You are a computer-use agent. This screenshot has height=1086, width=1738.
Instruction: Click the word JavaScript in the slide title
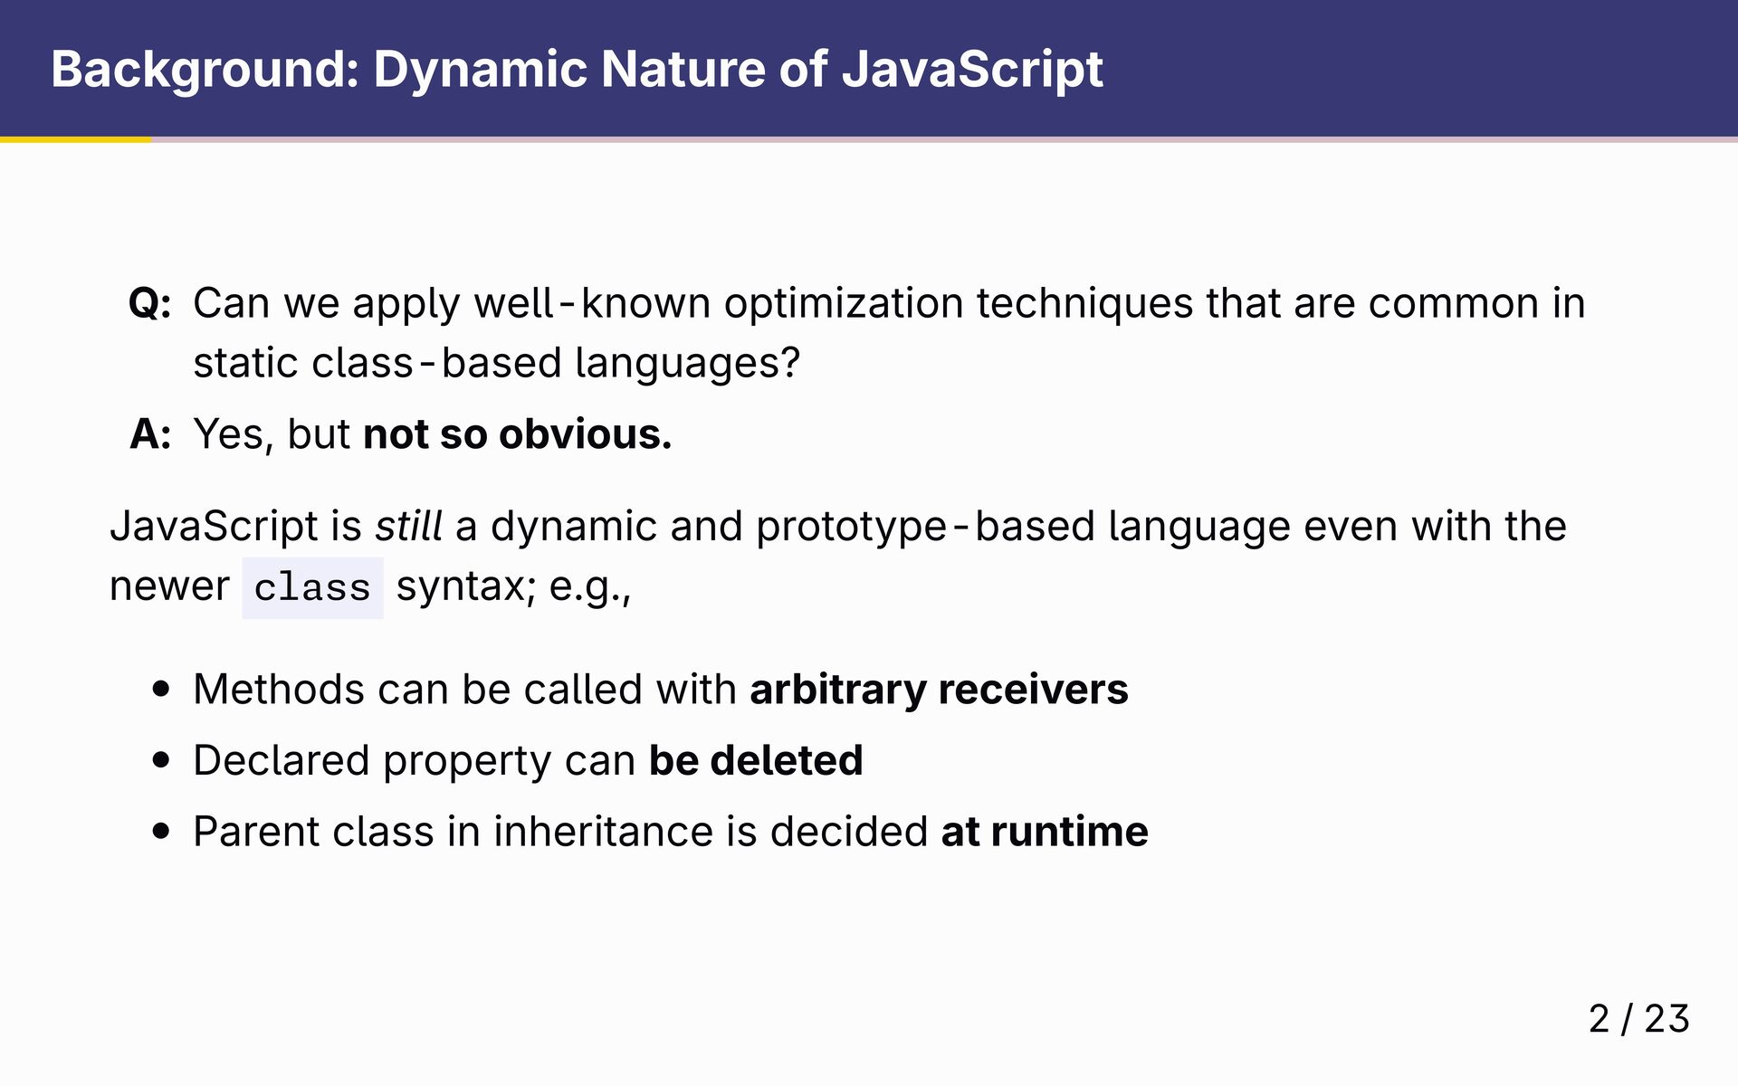click(x=972, y=70)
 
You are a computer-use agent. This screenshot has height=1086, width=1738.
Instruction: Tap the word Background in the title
click(x=205, y=70)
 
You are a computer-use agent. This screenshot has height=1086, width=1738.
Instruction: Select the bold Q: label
click(x=150, y=304)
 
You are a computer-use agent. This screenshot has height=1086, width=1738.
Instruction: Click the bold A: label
click(x=150, y=434)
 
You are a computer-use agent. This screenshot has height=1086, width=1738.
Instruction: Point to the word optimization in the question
click(x=844, y=304)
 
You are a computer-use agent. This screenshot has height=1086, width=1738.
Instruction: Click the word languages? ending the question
click(x=688, y=364)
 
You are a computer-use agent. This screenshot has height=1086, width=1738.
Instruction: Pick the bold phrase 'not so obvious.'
click(x=518, y=434)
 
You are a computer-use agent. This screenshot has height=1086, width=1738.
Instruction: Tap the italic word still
click(x=409, y=526)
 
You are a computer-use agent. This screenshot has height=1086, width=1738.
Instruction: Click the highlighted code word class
click(x=312, y=588)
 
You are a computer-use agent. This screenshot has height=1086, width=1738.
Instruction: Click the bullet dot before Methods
click(x=162, y=690)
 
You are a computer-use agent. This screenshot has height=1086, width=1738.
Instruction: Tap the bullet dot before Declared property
click(x=162, y=761)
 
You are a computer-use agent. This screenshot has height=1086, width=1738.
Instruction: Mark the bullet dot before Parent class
click(x=162, y=832)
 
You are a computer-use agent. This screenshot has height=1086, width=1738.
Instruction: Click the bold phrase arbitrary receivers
click(x=939, y=691)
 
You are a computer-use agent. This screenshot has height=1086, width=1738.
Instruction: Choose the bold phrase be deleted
click(x=756, y=760)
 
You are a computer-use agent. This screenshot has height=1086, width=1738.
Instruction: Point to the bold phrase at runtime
click(x=1045, y=832)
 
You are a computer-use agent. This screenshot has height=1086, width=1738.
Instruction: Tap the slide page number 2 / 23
click(x=1639, y=1019)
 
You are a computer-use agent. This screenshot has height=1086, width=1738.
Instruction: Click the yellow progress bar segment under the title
click(x=76, y=139)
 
